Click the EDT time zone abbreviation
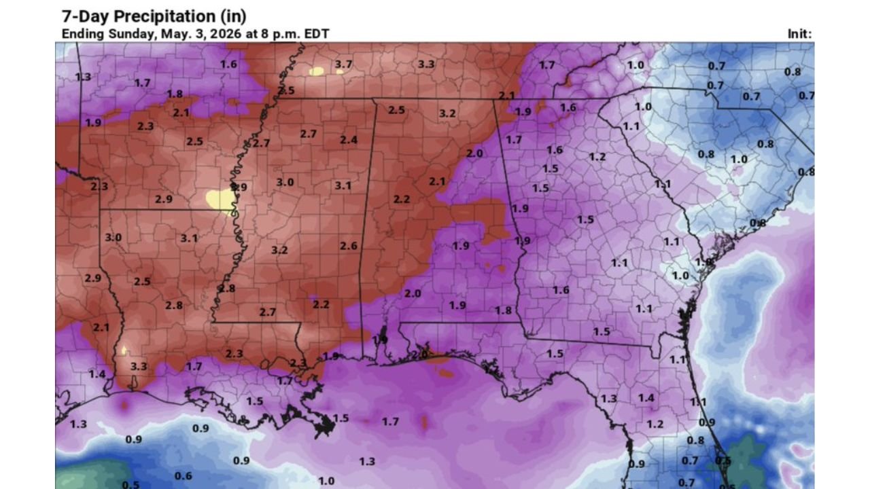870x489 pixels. [315, 34]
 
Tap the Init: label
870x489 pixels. [799, 34]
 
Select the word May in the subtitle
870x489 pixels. [173, 34]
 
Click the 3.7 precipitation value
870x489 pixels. [343, 64]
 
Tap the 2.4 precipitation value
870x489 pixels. [349, 140]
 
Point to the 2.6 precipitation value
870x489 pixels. [349, 245]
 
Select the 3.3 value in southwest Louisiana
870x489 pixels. [139, 366]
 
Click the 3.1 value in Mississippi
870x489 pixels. [343, 185]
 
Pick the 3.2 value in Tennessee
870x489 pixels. [447, 113]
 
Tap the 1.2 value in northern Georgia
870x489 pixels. [597, 157]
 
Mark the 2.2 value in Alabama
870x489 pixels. [402, 199]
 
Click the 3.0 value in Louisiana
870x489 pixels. [114, 237]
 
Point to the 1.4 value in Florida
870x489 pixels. [646, 397]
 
